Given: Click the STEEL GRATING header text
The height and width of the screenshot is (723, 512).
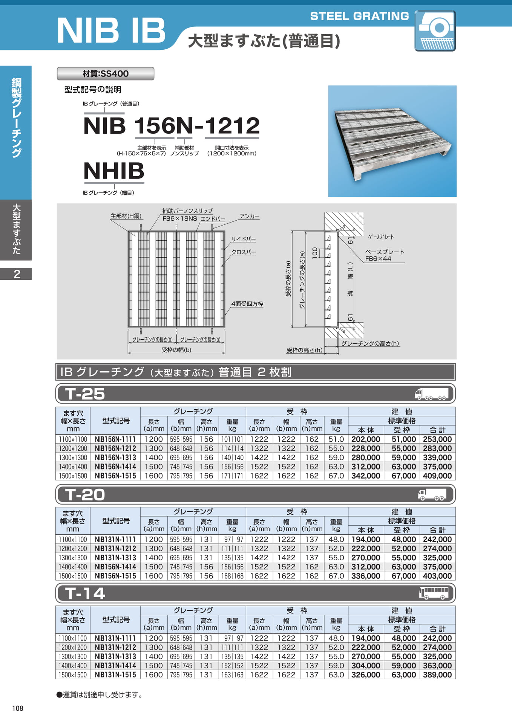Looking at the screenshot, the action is click(359, 16).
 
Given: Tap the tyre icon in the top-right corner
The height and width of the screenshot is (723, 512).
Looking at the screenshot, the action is click(435, 31).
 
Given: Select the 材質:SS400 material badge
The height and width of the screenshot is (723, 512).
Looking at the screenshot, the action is click(106, 73).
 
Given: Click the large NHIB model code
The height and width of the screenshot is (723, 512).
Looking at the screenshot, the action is click(114, 171).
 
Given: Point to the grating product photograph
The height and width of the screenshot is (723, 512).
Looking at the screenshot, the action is click(392, 141).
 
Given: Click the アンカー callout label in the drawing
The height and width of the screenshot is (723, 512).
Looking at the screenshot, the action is click(250, 216).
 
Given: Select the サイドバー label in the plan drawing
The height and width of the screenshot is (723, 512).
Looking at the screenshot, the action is click(243, 239).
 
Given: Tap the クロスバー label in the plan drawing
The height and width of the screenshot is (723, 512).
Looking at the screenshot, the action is click(243, 252).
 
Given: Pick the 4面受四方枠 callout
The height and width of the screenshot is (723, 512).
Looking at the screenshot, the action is click(247, 304).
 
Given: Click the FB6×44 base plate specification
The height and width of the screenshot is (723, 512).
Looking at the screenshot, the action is click(378, 259).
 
